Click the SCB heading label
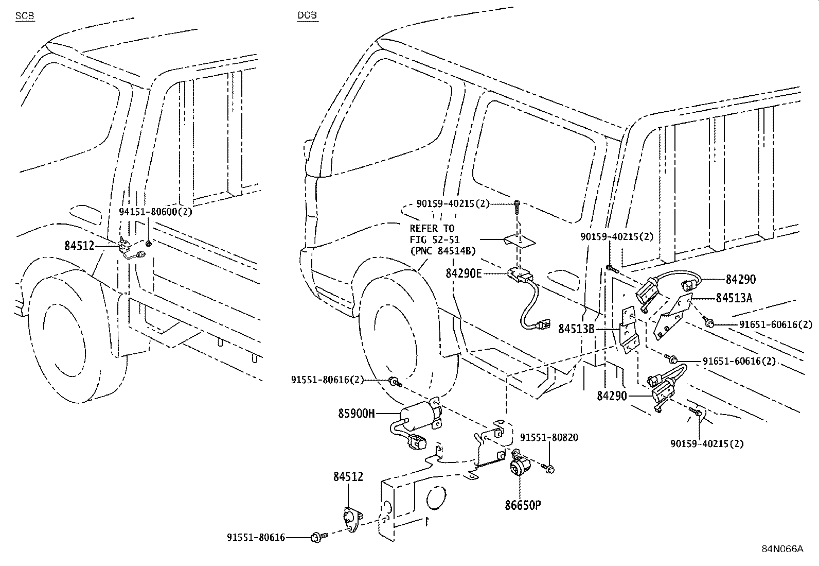coord(25,16)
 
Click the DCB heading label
coord(307,16)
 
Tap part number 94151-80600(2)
coord(155,212)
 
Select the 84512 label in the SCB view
coord(79,246)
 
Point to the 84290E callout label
coord(464,273)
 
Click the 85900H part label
coord(357,413)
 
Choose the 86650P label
coord(523,505)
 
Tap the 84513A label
coord(734,298)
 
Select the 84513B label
coord(577,328)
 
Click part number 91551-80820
coord(548,438)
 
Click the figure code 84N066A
coord(782,549)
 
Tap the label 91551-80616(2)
coord(327,380)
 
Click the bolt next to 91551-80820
coord(548,468)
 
